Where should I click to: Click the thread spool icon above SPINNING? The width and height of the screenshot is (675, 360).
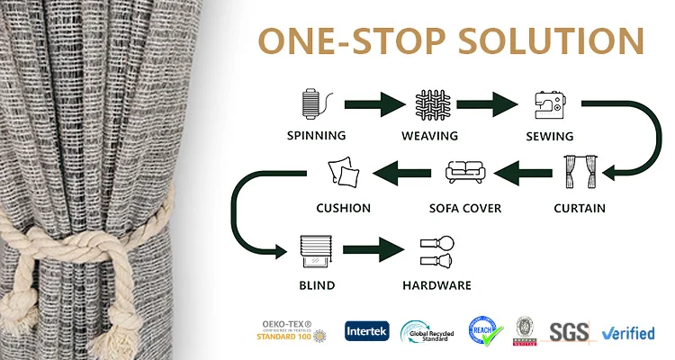(x=310, y=104)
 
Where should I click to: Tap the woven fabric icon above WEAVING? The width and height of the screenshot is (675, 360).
(x=429, y=104)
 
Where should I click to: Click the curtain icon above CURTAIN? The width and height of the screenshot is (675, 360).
(x=580, y=173)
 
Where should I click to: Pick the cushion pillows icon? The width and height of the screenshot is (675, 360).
(x=343, y=172)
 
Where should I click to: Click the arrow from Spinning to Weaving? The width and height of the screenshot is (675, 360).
(x=370, y=104)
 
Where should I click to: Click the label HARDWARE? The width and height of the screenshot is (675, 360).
(x=436, y=286)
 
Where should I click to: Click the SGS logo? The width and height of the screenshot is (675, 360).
(x=569, y=332)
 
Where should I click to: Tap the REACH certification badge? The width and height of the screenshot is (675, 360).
(x=483, y=331)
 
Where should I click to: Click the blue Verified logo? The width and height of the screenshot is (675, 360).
(x=629, y=333)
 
